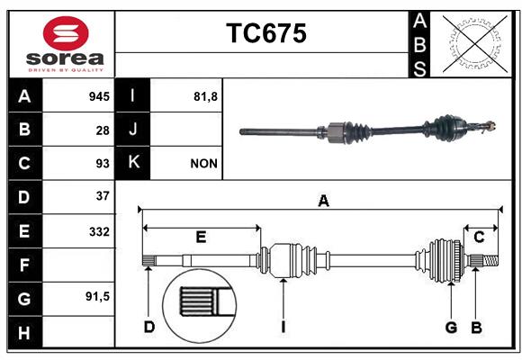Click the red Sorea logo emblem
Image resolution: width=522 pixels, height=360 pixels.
click(66, 33)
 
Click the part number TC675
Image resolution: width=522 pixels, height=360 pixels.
click(266, 33)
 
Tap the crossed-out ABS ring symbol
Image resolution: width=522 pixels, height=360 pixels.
click(475, 43)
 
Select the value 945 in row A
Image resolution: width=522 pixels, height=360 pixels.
click(99, 96)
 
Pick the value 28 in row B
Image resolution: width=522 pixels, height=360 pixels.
click(103, 130)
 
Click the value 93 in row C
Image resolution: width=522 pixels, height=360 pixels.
click(103, 164)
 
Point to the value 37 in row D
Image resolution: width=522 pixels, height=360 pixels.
click(103, 196)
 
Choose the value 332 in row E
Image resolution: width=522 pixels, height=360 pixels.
click(99, 231)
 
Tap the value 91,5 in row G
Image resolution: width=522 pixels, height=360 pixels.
click(97, 296)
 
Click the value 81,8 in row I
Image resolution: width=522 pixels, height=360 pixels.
click(205, 96)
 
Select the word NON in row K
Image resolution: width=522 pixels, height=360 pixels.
click(203, 164)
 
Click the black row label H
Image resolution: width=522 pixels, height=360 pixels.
click(24, 332)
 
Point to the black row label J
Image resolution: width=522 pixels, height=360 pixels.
click(132, 130)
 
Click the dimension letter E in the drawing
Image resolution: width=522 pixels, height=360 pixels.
click(201, 238)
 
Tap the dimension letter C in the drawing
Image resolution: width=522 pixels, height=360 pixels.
click(479, 238)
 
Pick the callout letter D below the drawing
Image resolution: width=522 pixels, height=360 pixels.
click(149, 327)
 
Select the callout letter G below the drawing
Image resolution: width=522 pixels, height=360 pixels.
click(451, 328)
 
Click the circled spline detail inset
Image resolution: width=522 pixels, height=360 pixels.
click(200, 306)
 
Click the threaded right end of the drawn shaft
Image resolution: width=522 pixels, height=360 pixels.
click(490, 260)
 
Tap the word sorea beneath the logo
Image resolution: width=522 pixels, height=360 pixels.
click(65, 58)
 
